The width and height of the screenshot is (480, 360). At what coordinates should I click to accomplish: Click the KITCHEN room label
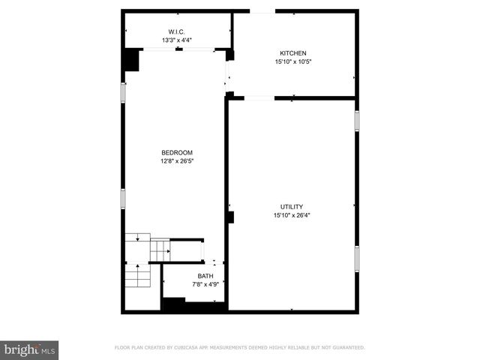coord(292,53)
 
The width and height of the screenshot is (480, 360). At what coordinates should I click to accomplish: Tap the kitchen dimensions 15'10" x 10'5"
coord(292,62)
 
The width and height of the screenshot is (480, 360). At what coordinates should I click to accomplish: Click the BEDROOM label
coord(176,152)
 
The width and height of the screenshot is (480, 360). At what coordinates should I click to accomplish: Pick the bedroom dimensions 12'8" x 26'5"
coord(176,160)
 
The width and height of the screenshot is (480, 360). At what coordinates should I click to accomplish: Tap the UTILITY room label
coord(292,206)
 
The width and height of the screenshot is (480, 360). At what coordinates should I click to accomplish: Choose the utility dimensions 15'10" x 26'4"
coord(292,215)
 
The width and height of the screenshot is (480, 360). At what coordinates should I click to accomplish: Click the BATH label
coord(205,276)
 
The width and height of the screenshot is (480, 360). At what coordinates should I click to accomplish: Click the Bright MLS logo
coord(30,350)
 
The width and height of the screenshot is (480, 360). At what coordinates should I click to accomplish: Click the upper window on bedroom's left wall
coord(124,91)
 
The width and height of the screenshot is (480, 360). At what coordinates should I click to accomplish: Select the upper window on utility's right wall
coord(357,121)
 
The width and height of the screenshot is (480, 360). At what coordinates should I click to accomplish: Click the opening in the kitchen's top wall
coord(262,11)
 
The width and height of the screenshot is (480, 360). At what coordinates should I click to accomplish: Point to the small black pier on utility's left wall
coord(231,217)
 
